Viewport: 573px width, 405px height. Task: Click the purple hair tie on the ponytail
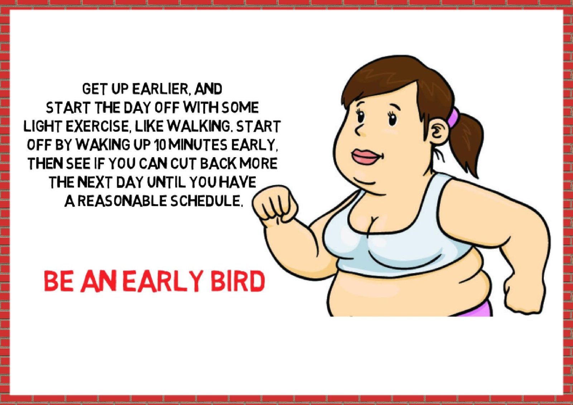tap(453, 118)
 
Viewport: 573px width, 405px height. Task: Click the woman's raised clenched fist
tap(275, 205)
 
